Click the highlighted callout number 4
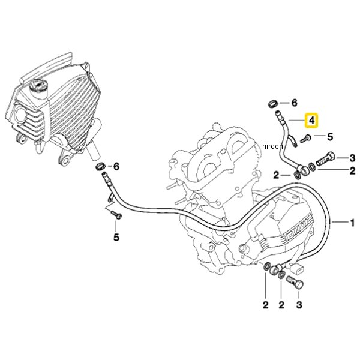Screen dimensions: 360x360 pyautogui.click(x=311, y=121)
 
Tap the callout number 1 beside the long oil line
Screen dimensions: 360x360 pyautogui.click(x=352, y=223)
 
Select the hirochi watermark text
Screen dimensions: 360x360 pyautogui.click(x=274, y=146)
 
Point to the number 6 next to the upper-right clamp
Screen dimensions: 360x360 pyautogui.click(x=294, y=103)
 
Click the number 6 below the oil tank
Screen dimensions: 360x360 pyautogui.click(x=116, y=167)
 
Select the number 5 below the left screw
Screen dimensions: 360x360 pyautogui.click(x=116, y=237)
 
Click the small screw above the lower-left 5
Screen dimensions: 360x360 pyautogui.click(x=116, y=215)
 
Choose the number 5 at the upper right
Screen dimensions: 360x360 pyautogui.click(x=329, y=137)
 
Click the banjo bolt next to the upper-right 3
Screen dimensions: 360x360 pyautogui.click(x=326, y=159)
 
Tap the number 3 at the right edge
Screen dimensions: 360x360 pyautogui.click(x=352, y=158)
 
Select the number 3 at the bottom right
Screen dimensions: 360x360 pyautogui.click(x=299, y=305)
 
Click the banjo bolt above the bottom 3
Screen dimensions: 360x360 pyautogui.click(x=295, y=283)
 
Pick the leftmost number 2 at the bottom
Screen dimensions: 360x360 pyautogui.click(x=266, y=305)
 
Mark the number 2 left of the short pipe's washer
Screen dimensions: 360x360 pyautogui.click(x=277, y=176)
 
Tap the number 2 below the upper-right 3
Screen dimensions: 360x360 pyautogui.click(x=352, y=171)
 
